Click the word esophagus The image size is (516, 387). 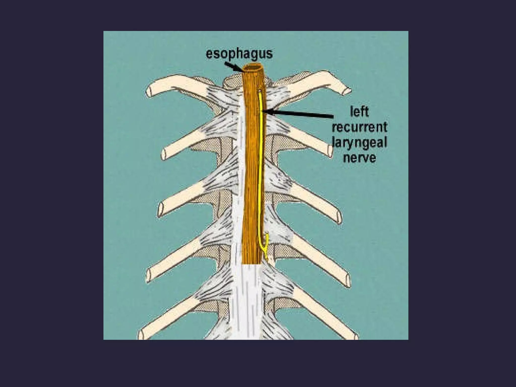(x=239, y=54)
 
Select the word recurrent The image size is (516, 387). (x=359, y=127)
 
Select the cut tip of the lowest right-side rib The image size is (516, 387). (x=355, y=332)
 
